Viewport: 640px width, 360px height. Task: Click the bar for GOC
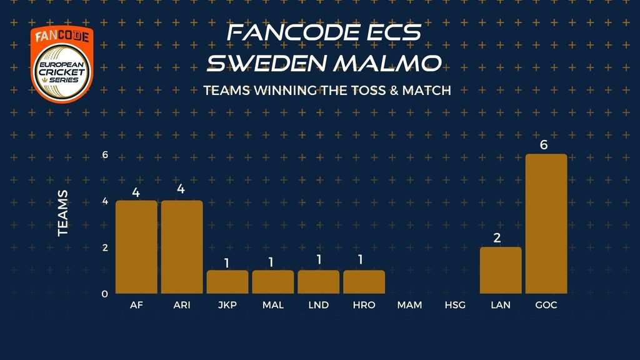[x=546, y=224]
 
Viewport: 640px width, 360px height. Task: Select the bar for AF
[x=136, y=247]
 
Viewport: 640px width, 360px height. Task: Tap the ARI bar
[x=182, y=247]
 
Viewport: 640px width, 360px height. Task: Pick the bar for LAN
[x=501, y=270]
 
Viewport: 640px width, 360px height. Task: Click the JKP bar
[x=227, y=282]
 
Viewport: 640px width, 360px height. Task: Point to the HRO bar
[x=364, y=282]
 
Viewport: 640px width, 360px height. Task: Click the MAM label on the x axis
[x=409, y=305]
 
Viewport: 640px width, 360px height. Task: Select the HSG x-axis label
[x=455, y=305]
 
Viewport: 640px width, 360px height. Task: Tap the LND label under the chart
[x=318, y=305]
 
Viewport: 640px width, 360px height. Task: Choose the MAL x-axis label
[x=273, y=305]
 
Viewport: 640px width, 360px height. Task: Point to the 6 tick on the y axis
[x=105, y=155]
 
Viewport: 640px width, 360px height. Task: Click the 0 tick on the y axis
[x=105, y=294]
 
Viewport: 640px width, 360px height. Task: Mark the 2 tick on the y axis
[x=105, y=247]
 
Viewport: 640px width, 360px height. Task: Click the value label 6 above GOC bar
[x=544, y=145]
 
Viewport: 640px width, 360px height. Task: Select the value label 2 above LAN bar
[x=497, y=238]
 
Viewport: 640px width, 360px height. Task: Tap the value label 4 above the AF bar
[x=136, y=192]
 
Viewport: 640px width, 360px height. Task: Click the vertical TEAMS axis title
[x=63, y=213]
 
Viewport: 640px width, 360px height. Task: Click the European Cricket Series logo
[x=62, y=64]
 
